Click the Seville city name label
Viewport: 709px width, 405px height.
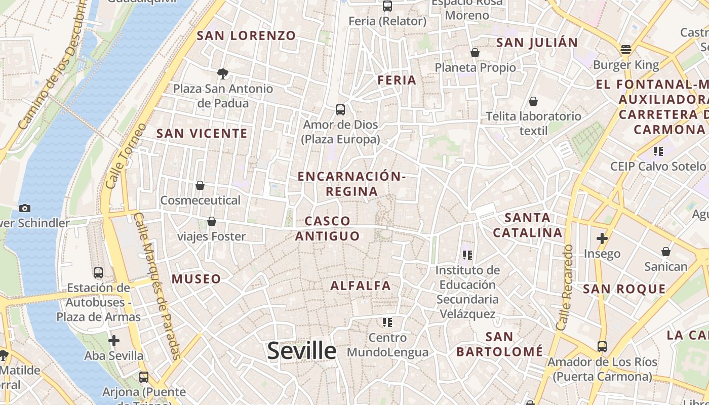tap(301, 350)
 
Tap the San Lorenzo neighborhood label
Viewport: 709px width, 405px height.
tap(246, 35)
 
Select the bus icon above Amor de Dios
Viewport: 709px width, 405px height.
tap(340, 110)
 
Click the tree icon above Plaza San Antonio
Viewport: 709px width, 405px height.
tap(222, 74)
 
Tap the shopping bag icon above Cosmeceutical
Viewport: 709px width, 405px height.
tap(200, 185)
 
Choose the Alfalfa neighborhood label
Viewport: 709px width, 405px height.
tap(361, 286)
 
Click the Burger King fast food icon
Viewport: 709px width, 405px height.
tap(626, 50)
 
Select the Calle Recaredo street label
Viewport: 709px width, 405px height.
tap(565, 287)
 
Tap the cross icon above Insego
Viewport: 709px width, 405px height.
tap(602, 238)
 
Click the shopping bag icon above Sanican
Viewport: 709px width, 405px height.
tap(665, 252)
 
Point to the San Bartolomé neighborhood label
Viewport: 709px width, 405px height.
tap(499, 344)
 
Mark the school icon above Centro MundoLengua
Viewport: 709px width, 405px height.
tap(387, 322)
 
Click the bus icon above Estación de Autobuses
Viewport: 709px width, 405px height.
tap(98, 273)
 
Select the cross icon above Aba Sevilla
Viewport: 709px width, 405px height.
tap(114, 341)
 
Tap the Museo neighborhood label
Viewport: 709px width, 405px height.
tap(196, 278)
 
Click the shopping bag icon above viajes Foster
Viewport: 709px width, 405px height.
tap(212, 221)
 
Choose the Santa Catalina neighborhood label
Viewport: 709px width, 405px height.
tap(528, 225)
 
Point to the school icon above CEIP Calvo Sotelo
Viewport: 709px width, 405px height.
tap(658, 151)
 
